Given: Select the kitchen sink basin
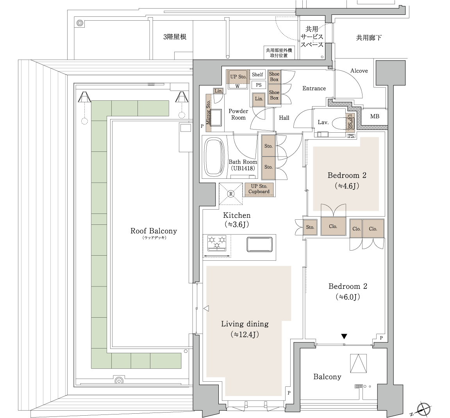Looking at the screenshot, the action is (x=259, y=244).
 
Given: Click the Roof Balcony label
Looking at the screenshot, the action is (x=154, y=231).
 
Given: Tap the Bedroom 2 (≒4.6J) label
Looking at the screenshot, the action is (x=347, y=181).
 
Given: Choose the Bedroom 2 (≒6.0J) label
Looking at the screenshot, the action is (x=348, y=292).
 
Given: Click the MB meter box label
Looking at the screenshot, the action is (x=375, y=116).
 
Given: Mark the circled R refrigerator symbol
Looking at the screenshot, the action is (x=231, y=194).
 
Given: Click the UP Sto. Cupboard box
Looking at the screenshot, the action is (x=259, y=189).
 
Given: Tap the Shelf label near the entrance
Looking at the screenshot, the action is (x=257, y=75).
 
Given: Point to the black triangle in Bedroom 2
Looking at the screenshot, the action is (x=344, y=336).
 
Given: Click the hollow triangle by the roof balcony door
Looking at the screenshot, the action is (x=206, y=309).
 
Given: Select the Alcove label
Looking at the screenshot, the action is (x=359, y=71).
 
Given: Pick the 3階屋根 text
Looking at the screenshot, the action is (x=175, y=37).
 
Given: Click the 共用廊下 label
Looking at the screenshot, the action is (x=369, y=37).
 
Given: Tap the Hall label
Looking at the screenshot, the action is (x=284, y=118).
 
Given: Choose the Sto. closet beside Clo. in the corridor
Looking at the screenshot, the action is (x=310, y=228).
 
